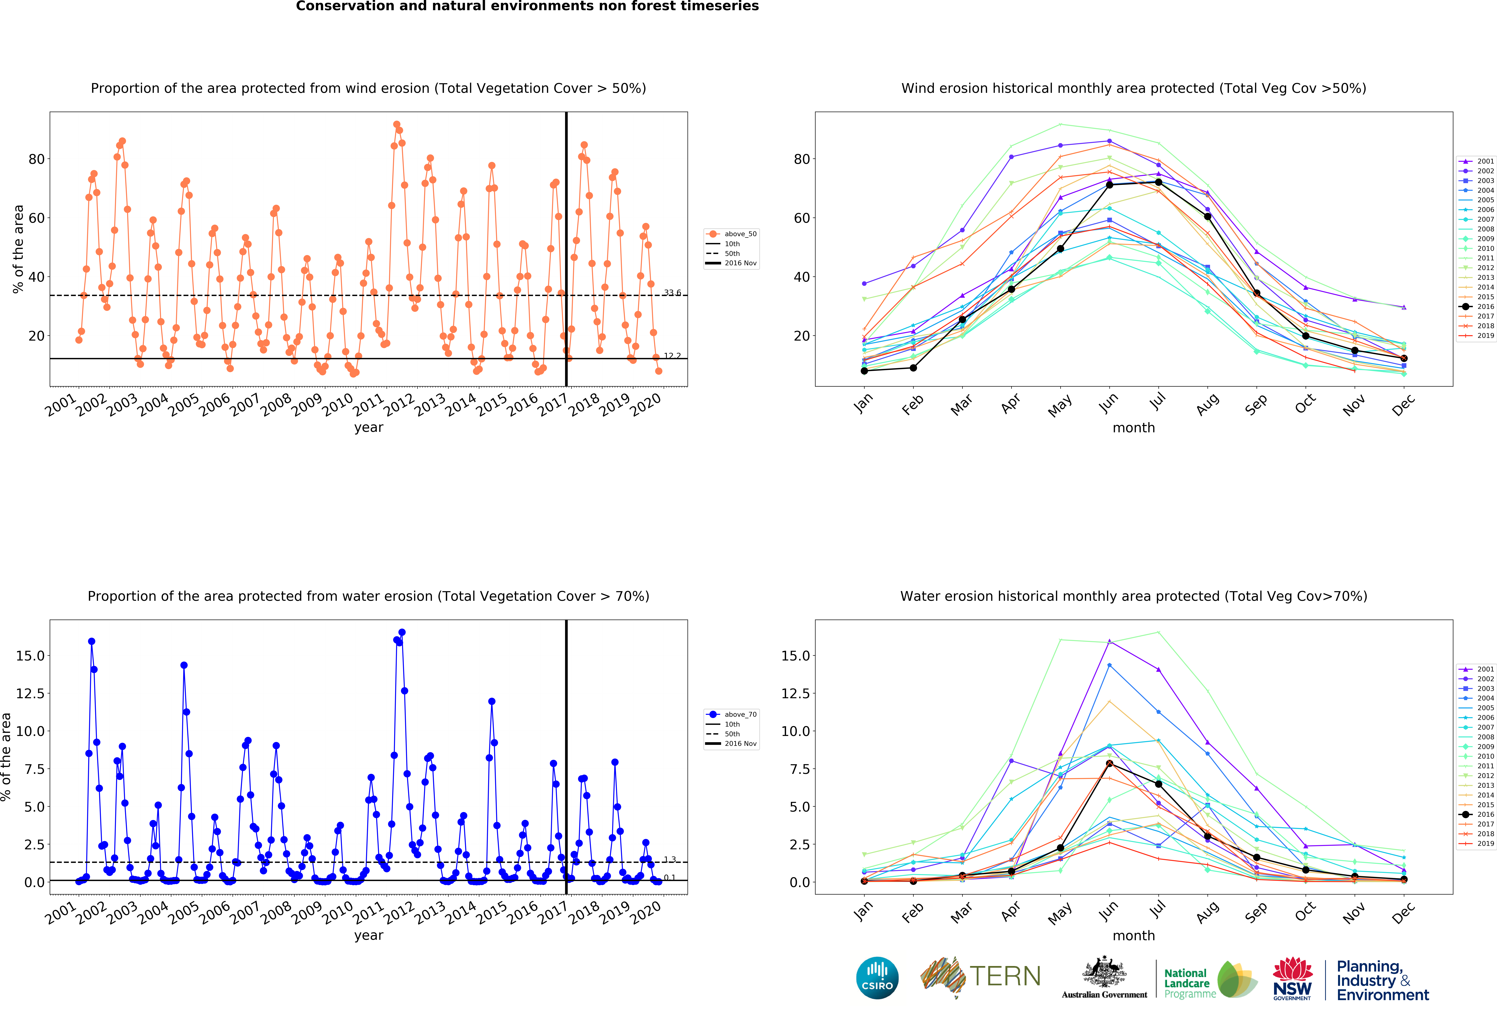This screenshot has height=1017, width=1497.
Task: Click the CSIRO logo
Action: [877, 978]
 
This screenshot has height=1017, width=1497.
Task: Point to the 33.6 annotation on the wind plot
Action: [673, 292]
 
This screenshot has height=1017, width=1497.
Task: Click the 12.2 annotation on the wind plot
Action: [673, 356]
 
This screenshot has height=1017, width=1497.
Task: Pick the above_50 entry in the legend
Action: [732, 234]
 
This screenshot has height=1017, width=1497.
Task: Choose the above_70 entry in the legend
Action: [732, 714]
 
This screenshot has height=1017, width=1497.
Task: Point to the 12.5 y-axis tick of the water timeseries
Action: [30, 694]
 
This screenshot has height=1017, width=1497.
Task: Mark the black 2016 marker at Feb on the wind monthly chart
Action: [913, 368]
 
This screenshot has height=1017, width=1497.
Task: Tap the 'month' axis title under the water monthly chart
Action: [1134, 935]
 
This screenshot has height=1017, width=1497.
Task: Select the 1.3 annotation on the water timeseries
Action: [670, 859]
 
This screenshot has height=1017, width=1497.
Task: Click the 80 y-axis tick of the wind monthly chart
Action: [802, 159]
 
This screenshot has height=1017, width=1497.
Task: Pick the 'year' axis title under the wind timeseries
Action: [369, 428]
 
